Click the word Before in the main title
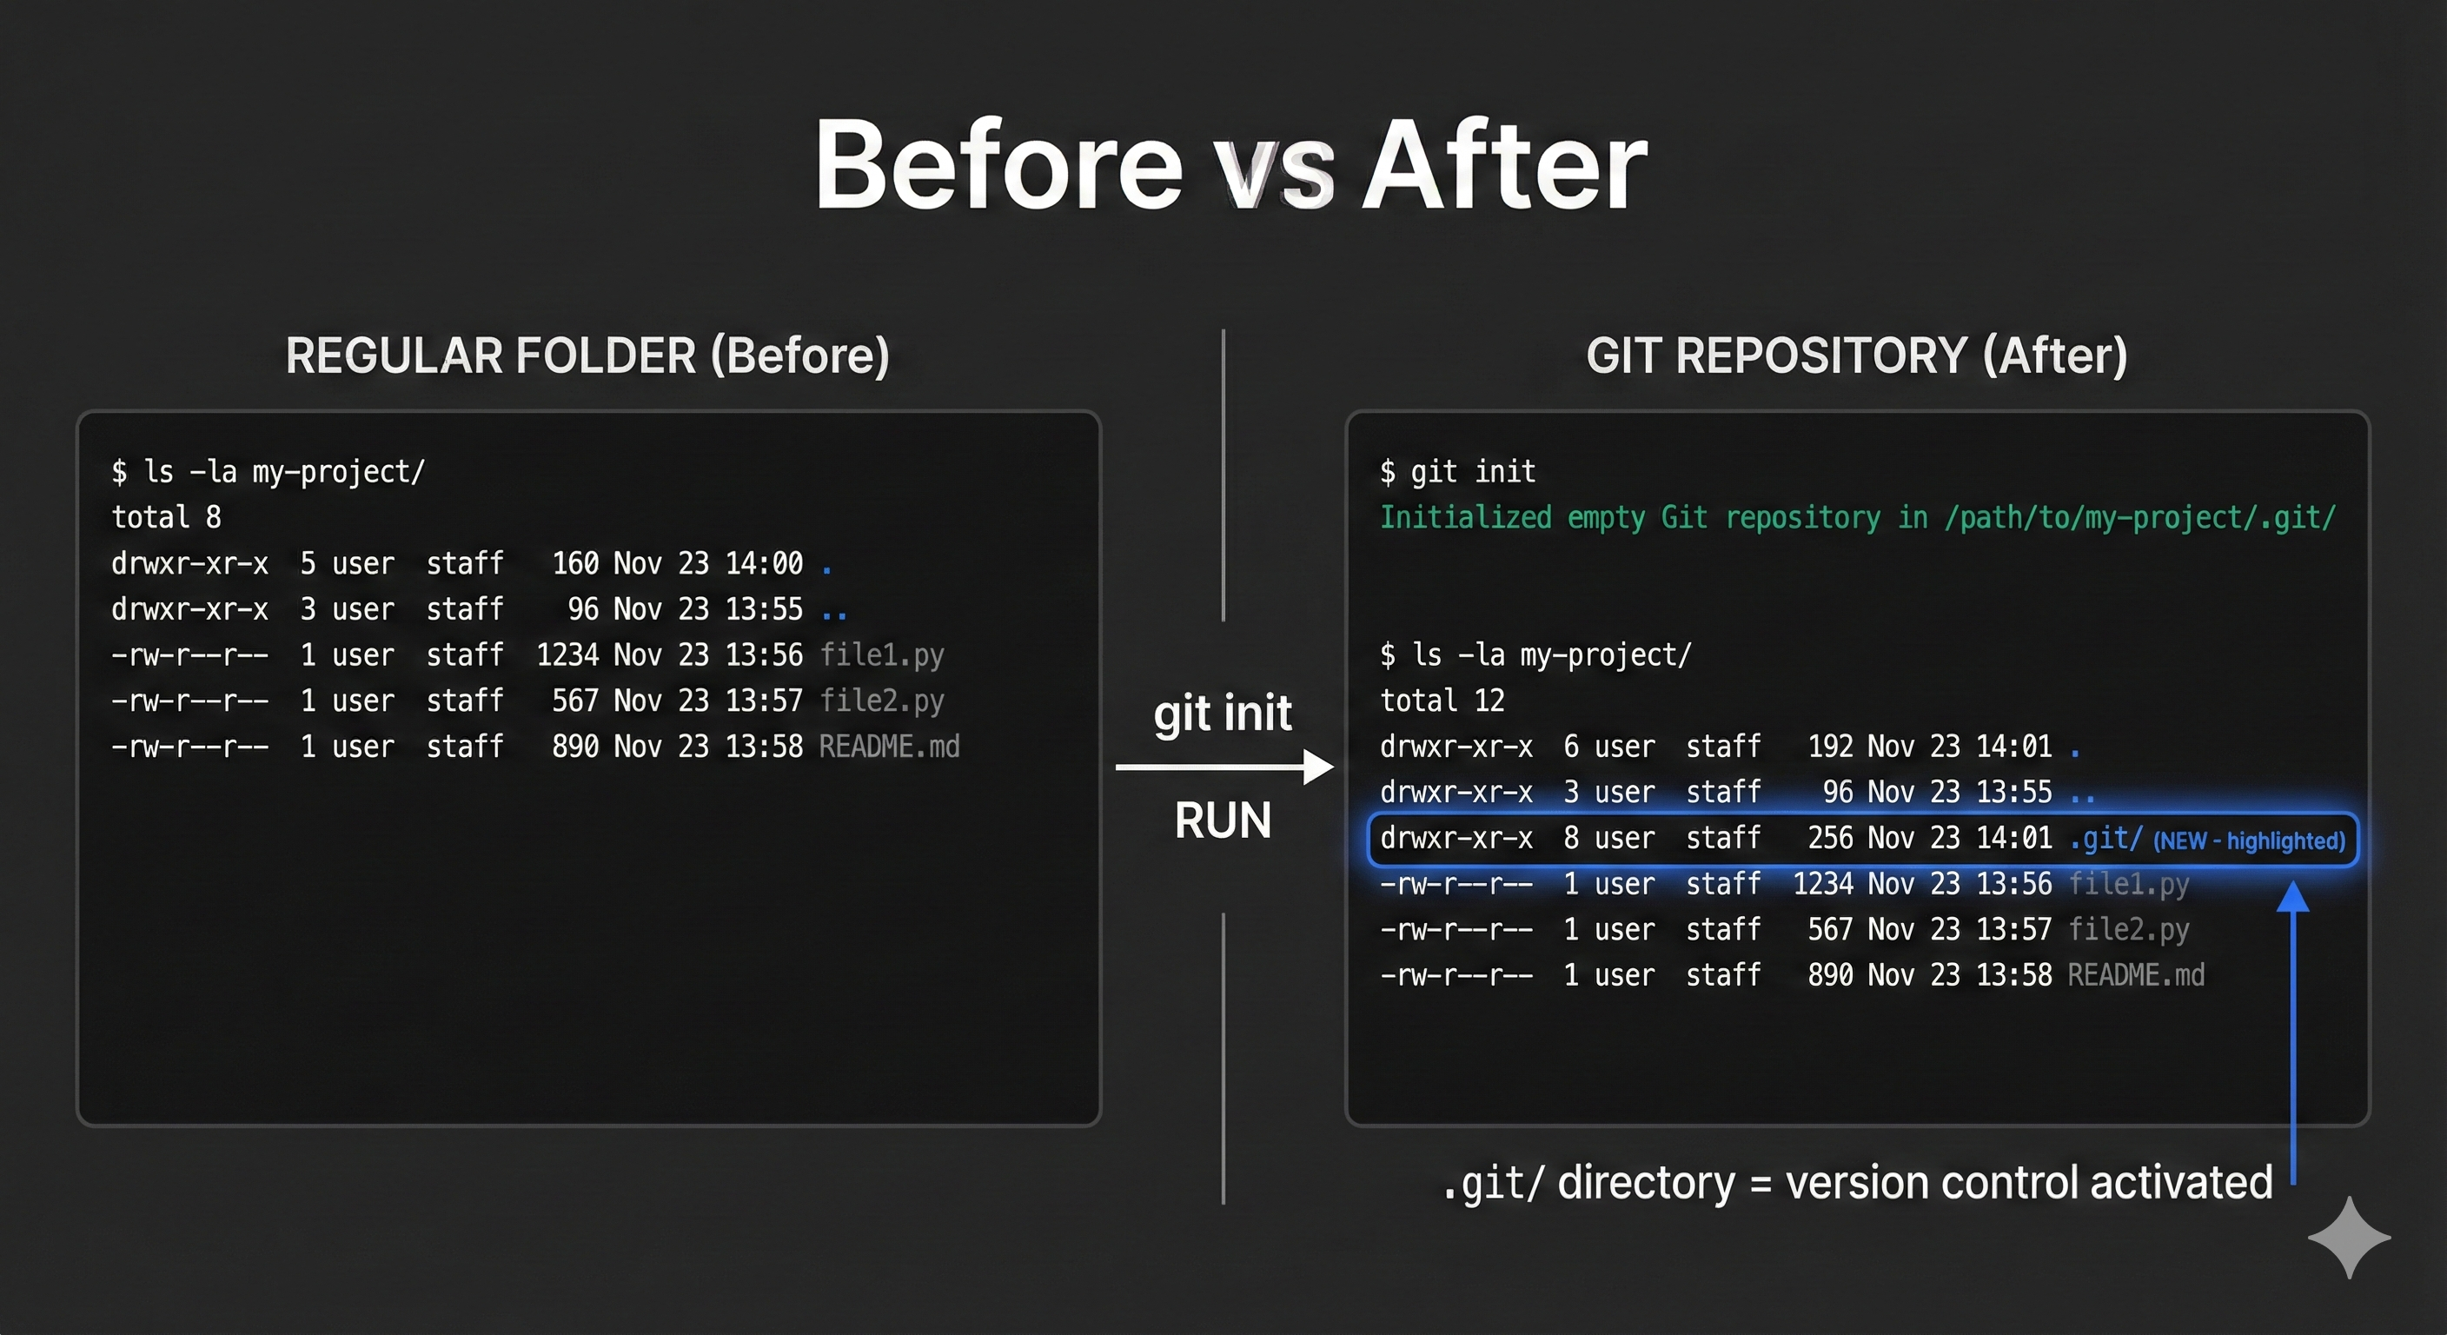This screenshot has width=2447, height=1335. point(998,166)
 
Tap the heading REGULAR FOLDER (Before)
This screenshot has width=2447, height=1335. point(587,355)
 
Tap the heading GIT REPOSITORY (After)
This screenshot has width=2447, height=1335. point(1856,355)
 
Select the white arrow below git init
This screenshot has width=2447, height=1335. point(1224,767)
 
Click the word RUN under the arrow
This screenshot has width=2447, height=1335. point(1223,820)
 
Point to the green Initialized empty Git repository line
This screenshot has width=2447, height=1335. point(1856,518)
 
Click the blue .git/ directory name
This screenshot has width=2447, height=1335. point(2105,838)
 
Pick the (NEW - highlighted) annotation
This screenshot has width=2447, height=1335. point(2249,841)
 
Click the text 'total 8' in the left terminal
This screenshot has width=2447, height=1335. point(166,518)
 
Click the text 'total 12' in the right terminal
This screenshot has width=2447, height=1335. point(1442,701)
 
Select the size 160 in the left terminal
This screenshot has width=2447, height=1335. point(574,563)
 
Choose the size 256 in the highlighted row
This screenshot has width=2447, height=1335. point(1829,838)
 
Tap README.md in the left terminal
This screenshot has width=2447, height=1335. point(888,747)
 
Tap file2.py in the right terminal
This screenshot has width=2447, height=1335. point(2128,929)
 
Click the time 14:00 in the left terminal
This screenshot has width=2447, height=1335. point(764,563)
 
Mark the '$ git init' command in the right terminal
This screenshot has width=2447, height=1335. point(1457,471)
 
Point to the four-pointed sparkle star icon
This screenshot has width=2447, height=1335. point(2348,1237)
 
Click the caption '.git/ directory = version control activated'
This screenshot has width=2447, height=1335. point(1857,1184)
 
